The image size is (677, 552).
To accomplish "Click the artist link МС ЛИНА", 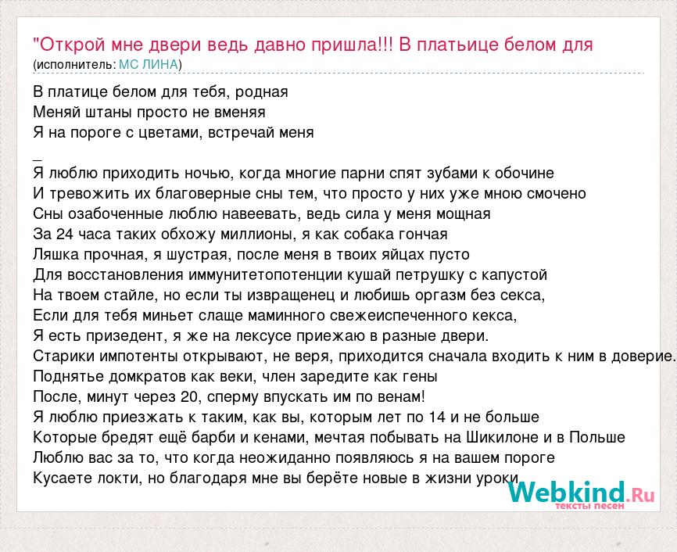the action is click(x=149, y=64).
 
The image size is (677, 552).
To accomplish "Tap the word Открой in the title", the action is click(x=73, y=45).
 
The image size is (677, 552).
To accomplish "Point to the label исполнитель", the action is click(x=74, y=65).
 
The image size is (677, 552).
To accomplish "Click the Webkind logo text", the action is click(x=566, y=493).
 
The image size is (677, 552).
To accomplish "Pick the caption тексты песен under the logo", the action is click(x=589, y=506).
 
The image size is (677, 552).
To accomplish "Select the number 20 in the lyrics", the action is click(x=189, y=396).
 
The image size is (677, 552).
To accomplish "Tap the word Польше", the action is click(x=597, y=437).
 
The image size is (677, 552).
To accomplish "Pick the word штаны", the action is click(x=109, y=112).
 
